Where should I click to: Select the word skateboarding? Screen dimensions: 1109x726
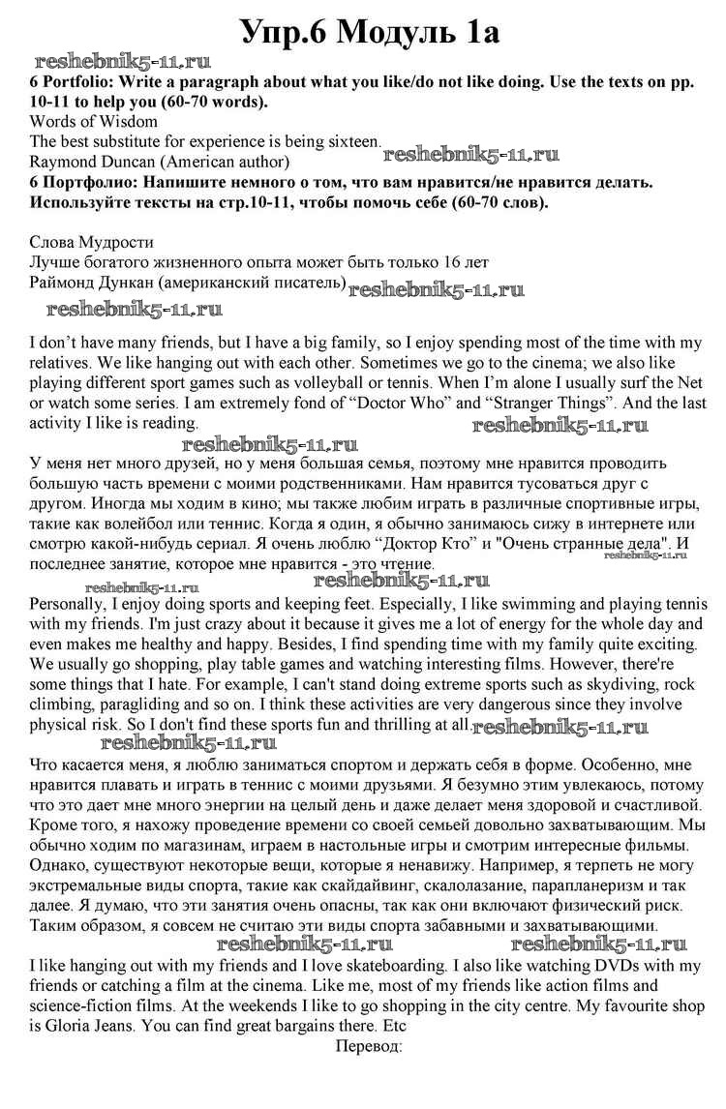tap(375, 966)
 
